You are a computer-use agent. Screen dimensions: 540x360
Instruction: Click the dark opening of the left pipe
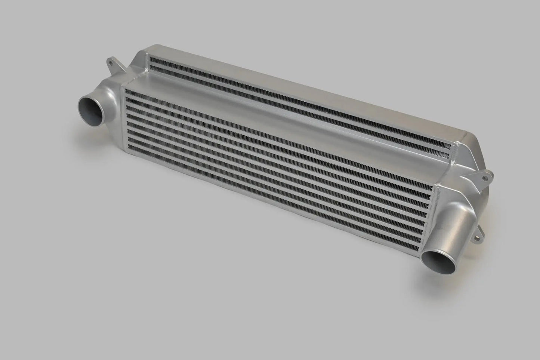pos(91,108)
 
